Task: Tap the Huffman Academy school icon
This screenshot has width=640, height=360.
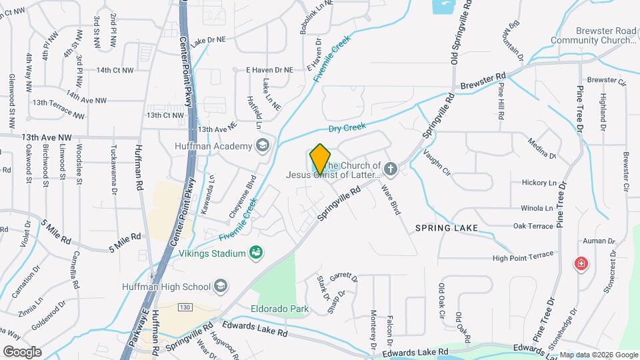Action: (x=263, y=146)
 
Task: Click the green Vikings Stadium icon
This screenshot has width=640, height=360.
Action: (x=255, y=252)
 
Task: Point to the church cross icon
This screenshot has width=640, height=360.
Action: (x=391, y=170)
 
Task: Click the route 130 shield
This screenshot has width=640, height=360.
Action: (x=186, y=307)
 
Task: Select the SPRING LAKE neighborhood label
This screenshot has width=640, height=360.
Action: (x=446, y=228)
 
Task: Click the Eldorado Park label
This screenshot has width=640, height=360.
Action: (x=280, y=309)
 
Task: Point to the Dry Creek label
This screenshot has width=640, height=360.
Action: (x=347, y=128)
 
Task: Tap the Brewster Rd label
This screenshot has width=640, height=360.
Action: (x=483, y=82)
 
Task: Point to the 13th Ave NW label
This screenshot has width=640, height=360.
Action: (x=46, y=137)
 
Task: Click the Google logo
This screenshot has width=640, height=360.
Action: (x=22, y=351)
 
